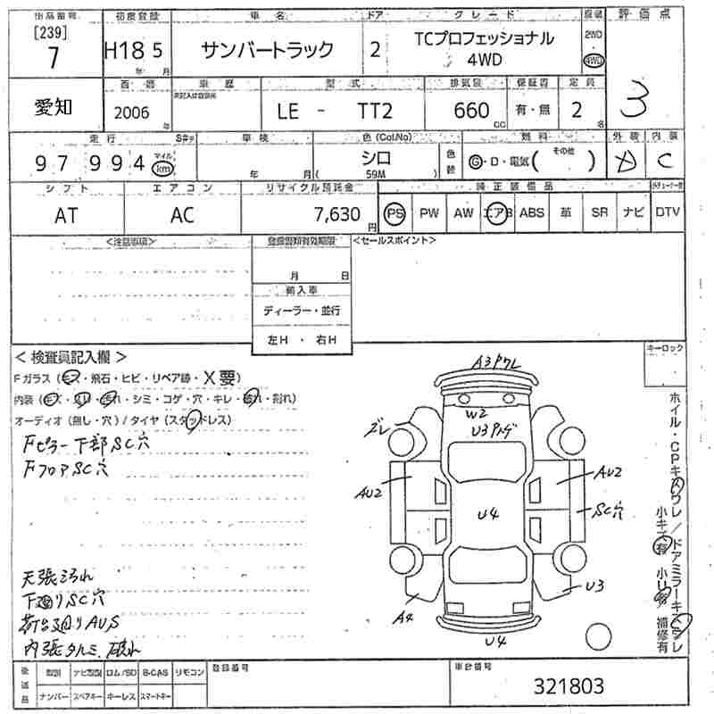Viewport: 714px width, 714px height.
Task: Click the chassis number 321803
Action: click(569, 685)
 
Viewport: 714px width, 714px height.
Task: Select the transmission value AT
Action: click(64, 214)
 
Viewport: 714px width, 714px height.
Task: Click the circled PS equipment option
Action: click(394, 213)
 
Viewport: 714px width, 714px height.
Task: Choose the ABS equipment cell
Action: click(532, 213)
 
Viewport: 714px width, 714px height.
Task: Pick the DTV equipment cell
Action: click(667, 213)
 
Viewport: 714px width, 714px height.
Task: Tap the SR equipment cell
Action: click(599, 213)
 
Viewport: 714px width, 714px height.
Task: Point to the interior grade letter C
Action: click(664, 161)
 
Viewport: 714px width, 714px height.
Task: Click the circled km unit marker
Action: click(162, 168)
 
